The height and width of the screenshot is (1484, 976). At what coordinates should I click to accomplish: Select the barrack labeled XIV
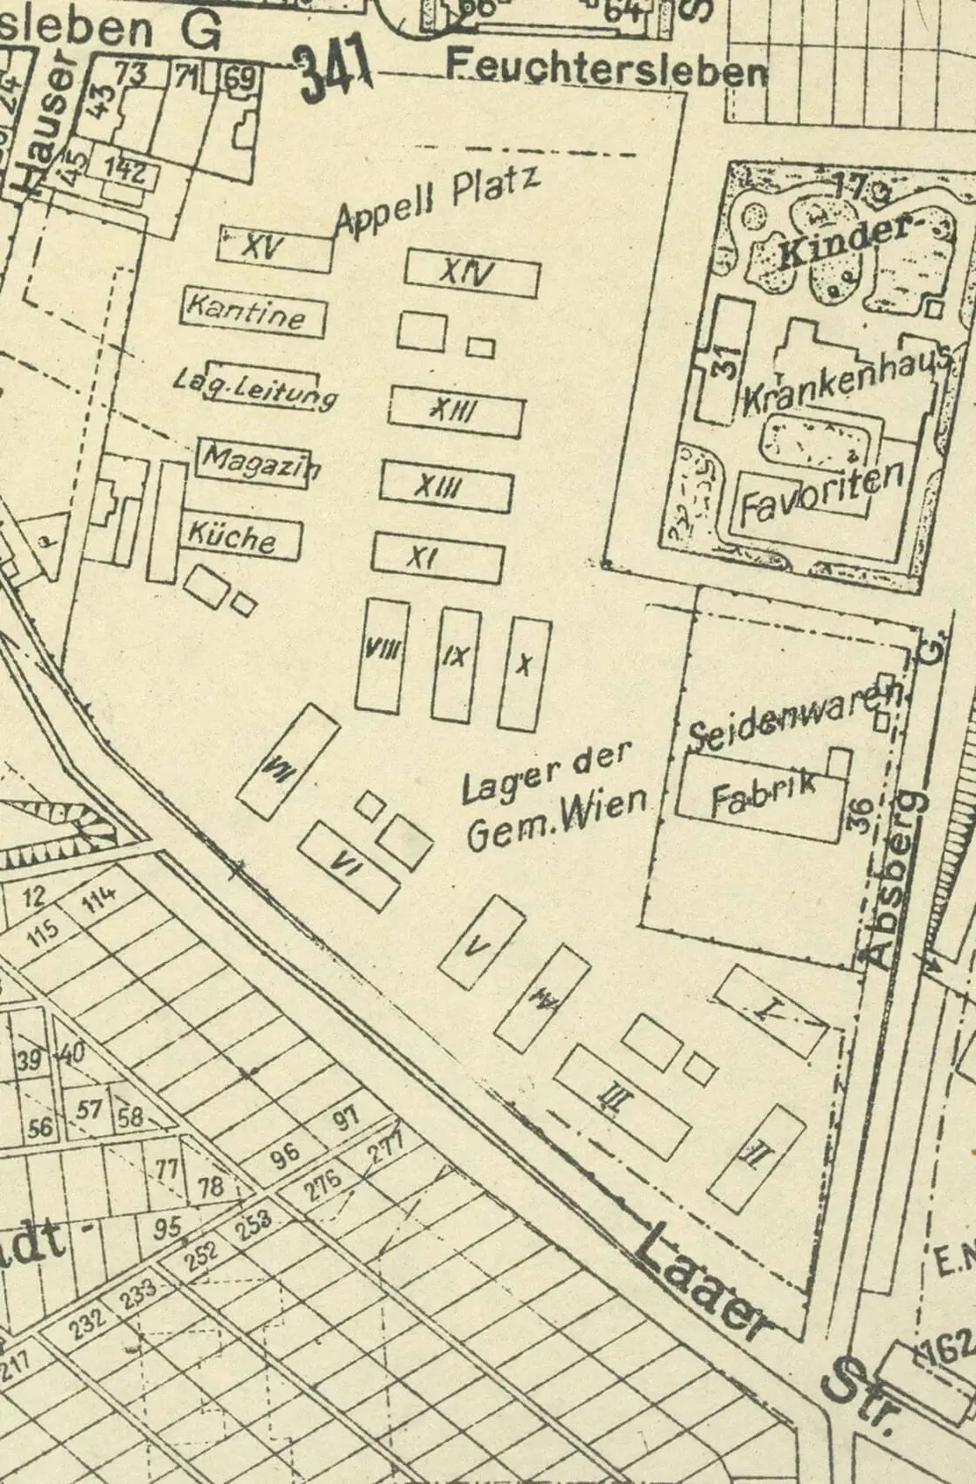(471, 274)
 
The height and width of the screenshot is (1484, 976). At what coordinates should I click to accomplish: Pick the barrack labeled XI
(437, 557)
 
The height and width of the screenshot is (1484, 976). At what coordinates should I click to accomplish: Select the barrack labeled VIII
(382, 655)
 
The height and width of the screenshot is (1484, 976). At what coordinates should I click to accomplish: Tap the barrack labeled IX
(456, 664)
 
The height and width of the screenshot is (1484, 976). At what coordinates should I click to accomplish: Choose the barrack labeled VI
(347, 866)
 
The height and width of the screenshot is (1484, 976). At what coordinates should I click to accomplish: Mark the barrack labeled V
(481, 942)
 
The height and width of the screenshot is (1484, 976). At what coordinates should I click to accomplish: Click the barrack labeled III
(622, 1102)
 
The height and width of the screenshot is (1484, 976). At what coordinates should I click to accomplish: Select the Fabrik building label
(763, 794)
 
